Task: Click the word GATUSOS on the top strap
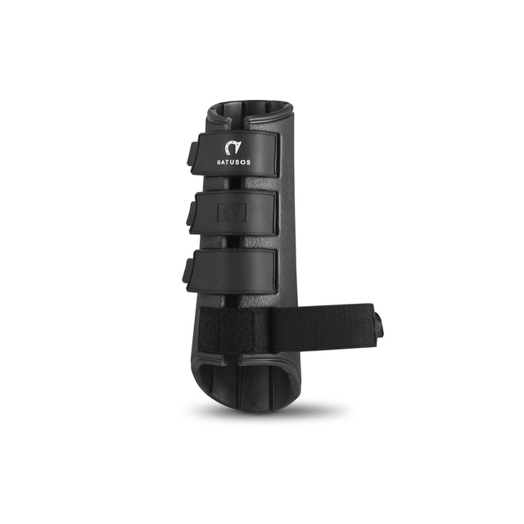235,162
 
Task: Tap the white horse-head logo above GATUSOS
234,147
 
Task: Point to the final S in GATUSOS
250,162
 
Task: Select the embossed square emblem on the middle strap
231,212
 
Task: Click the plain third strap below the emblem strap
237,270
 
